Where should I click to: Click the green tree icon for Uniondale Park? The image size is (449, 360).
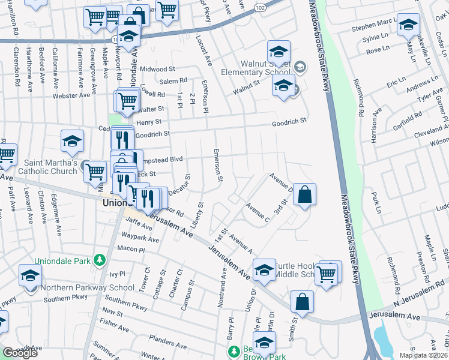(101, 260)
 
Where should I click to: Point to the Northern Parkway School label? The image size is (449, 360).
(87, 287)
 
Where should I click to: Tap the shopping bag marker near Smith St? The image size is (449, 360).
(303, 302)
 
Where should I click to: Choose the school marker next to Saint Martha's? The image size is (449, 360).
(72, 142)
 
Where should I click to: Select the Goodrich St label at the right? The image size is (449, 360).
(289, 121)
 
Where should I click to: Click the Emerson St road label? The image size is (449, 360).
(218, 166)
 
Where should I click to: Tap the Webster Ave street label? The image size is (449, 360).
(71, 95)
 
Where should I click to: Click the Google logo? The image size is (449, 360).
(20, 353)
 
